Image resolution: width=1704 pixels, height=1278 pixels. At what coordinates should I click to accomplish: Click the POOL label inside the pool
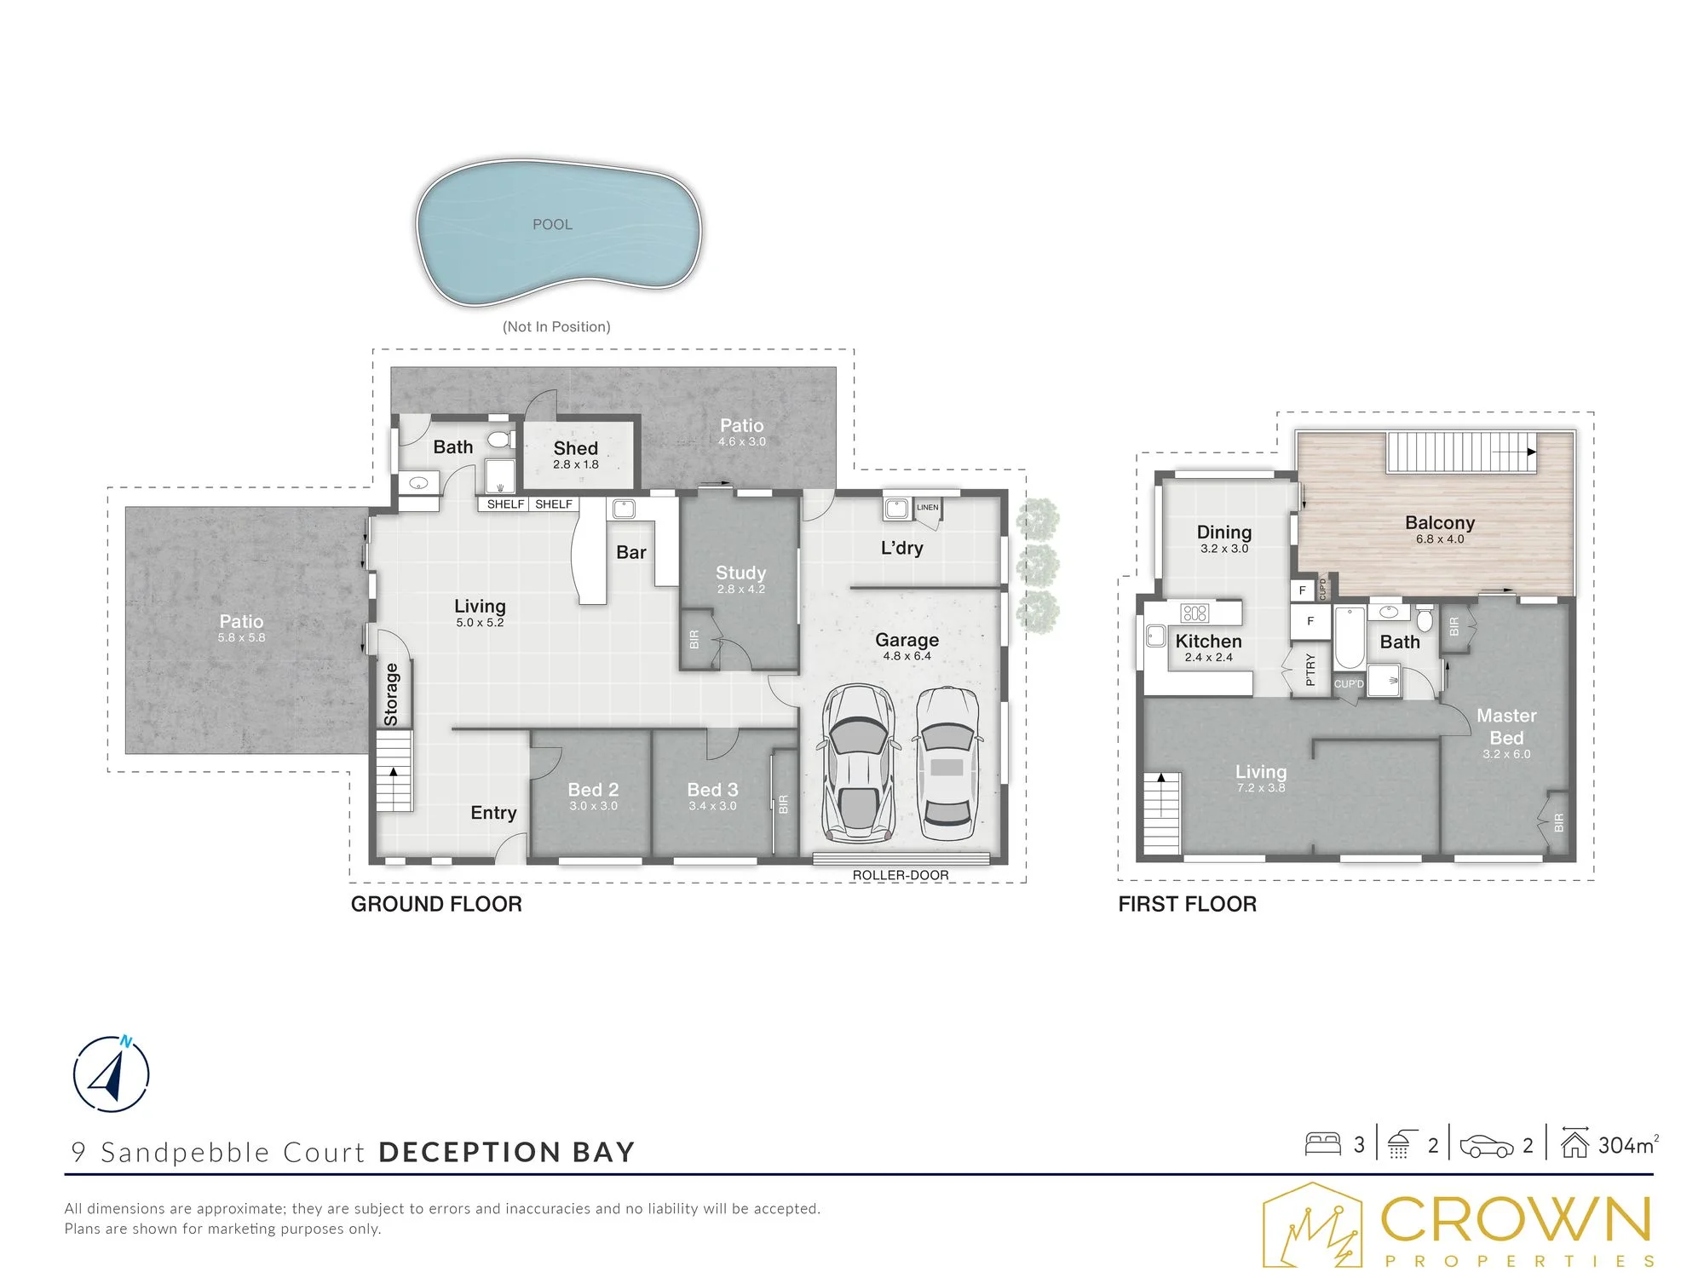click(x=552, y=225)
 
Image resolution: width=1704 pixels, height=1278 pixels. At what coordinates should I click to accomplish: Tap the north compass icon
click(x=112, y=1074)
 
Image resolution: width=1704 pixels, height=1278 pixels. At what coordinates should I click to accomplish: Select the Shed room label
click(x=576, y=448)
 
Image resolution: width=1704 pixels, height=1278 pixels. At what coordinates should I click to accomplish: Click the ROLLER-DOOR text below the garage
click(x=901, y=875)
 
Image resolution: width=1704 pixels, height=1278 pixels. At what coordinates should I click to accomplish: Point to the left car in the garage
click(x=858, y=764)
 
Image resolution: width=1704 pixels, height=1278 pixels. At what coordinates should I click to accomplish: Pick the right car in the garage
click(x=947, y=764)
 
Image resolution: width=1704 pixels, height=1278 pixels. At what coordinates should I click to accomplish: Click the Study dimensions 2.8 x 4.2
click(x=741, y=590)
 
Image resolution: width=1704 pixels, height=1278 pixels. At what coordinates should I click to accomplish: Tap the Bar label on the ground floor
click(x=631, y=552)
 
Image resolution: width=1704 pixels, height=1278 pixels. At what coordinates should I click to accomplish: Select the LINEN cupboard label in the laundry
click(x=928, y=508)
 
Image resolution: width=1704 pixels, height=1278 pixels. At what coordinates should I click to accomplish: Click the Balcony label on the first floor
click(x=1440, y=522)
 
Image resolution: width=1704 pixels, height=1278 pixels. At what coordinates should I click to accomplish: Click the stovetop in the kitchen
click(x=1195, y=613)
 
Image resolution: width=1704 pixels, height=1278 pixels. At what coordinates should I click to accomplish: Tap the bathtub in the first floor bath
click(x=1349, y=638)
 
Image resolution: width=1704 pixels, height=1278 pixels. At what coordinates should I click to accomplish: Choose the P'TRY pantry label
click(x=1310, y=670)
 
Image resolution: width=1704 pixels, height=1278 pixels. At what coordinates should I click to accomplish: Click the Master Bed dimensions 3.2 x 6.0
click(x=1506, y=755)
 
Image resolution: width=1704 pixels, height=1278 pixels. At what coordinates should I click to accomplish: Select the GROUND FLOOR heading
click(x=436, y=905)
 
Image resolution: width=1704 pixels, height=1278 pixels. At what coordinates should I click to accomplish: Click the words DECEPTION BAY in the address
click(x=507, y=1153)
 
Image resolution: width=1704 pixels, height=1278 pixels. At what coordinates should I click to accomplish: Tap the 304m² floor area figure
click(x=1628, y=1145)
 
